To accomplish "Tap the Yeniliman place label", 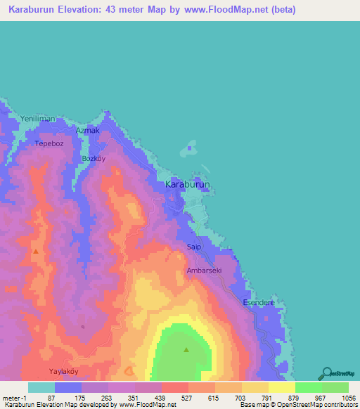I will click(x=37, y=118).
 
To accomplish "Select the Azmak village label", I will click(x=88, y=131).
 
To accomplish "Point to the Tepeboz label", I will click(x=49, y=144).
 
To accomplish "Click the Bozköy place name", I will click(x=94, y=159).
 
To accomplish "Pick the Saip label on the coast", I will click(x=194, y=247).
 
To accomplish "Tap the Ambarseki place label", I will click(x=204, y=270).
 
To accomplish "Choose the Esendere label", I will click(x=257, y=302).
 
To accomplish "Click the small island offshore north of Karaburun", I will click(x=188, y=148).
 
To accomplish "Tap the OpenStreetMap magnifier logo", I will click(x=327, y=372).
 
